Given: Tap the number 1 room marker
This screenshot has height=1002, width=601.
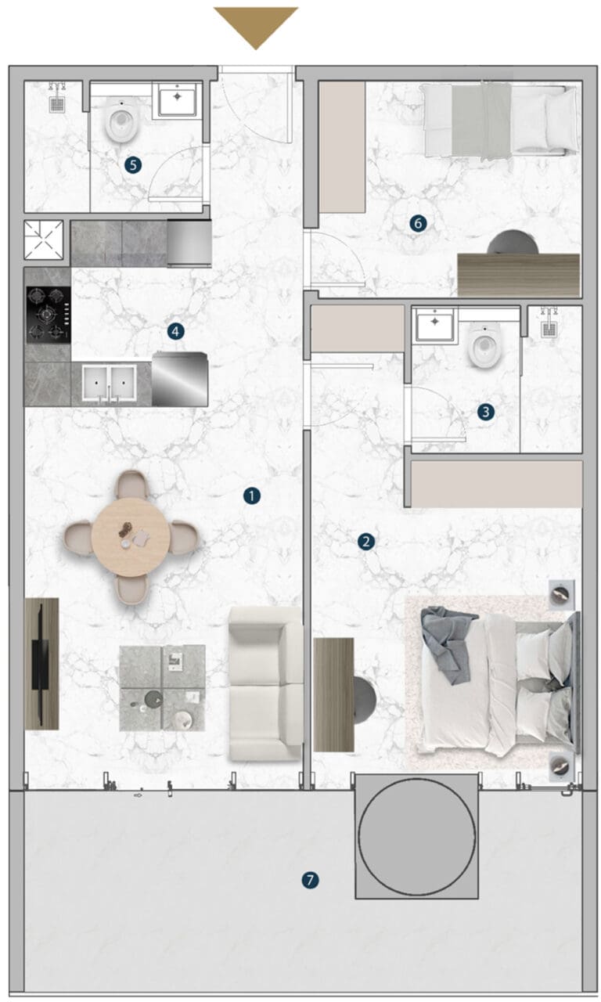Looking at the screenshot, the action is [x=252, y=496].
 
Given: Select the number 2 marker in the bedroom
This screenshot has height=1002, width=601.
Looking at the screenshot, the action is [x=365, y=542].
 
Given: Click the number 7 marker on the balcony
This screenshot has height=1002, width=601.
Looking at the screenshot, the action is [x=310, y=881].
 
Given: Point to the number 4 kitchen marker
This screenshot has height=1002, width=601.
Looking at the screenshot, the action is [x=175, y=331].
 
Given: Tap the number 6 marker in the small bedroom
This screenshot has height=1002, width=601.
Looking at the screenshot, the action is [x=418, y=223].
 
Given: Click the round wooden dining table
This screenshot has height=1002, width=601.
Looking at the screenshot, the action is [x=131, y=537].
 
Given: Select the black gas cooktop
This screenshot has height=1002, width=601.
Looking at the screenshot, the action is [x=49, y=315].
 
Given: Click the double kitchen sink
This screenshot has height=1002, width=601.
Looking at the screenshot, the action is [x=109, y=383].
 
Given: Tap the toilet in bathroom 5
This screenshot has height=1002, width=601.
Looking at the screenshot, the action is [x=121, y=121].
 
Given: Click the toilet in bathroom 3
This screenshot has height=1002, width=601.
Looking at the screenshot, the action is [x=483, y=346].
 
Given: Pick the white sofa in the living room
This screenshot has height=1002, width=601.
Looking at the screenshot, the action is [x=265, y=683].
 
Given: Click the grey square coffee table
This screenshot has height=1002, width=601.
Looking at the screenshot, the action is [x=162, y=688].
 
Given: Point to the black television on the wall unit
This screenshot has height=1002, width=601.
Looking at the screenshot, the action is [x=40, y=663].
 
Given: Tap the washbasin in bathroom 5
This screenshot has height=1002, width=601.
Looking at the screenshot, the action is [x=178, y=100].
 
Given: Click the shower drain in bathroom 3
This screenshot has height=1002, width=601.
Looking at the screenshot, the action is [x=548, y=330].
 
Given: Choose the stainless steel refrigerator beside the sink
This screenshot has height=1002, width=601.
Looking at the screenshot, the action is [x=180, y=380].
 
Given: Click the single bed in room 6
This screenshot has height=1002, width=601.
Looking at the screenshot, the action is [x=500, y=121].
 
